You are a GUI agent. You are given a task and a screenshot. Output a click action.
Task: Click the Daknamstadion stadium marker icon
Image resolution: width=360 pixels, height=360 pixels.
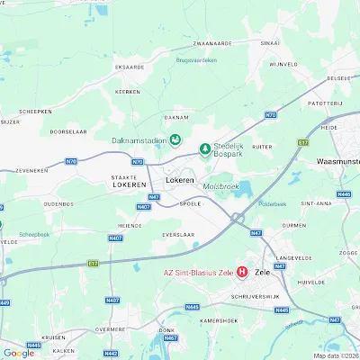point(175,139)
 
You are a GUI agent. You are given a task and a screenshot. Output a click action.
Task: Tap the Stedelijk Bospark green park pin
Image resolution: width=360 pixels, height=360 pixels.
point(204,148)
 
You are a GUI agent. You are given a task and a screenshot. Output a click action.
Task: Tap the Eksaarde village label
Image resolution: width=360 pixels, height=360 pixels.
point(130,66)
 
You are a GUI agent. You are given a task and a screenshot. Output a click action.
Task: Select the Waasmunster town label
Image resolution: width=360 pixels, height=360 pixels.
point(338,162)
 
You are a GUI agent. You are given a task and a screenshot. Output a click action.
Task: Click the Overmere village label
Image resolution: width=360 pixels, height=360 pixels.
point(110,329)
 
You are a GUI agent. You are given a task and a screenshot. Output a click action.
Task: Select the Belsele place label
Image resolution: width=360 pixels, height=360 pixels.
point(338,78)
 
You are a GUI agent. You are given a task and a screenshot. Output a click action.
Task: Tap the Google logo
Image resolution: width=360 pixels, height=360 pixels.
point(19,353)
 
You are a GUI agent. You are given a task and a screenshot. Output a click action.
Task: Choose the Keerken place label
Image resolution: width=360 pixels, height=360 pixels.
point(129,92)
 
